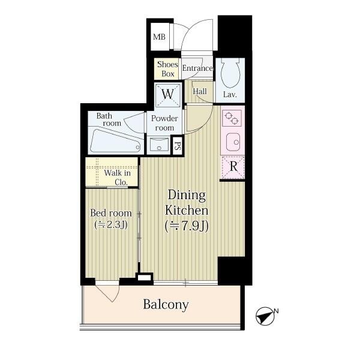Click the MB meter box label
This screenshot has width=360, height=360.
[x=159, y=37]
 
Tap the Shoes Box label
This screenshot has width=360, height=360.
[x=167, y=69]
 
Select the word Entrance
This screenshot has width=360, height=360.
[x=197, y=68]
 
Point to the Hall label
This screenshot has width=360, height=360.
[x=200, y=91]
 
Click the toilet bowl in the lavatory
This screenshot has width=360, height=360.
[x=230, y=73]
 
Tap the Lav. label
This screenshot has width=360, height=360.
[x=230, y=95]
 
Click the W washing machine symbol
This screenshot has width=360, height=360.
[x=167, y=95]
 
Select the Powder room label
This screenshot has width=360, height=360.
[x=164, y=123]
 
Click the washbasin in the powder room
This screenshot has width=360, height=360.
[x=158, y=145]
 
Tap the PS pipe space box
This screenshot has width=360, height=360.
[x=177, y=146]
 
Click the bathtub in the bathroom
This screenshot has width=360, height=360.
[x=115, y=141]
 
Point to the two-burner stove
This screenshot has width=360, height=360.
[x=232, y=118]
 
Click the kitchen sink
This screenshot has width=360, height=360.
[x=233, y=142]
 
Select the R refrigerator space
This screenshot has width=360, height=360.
[x=233, y=167]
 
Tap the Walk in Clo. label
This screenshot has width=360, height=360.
[x=118, y=178]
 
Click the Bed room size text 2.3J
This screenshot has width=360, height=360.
[x=111, y=225]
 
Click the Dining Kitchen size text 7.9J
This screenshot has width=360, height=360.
[x=187, y=226]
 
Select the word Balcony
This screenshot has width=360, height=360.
[x=166, y=305]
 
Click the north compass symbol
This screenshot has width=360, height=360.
[x=266, y=316]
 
